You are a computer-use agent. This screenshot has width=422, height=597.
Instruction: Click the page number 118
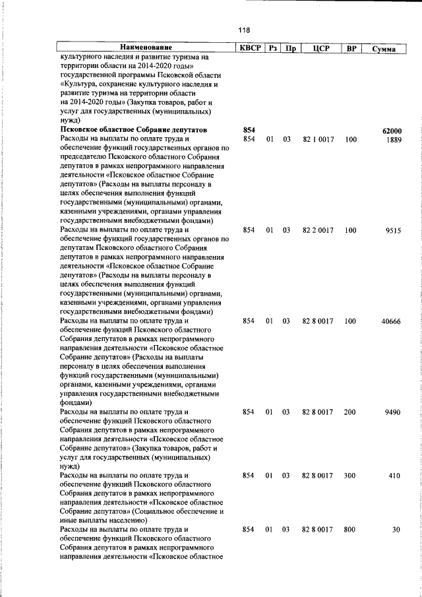(244, 30)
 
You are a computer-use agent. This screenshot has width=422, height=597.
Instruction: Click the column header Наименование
(146, 47)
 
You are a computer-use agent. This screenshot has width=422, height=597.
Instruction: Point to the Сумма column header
(383, 48)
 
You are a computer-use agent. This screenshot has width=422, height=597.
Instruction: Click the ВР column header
(351, 47)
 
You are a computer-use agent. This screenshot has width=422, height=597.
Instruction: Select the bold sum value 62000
(392, 131)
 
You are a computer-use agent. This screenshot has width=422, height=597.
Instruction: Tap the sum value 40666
(391, 321)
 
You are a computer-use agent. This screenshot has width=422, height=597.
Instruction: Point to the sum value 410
(395, 475)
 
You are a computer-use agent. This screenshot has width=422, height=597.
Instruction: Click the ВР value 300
(349, 475)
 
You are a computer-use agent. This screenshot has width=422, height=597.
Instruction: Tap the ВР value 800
(349, 529)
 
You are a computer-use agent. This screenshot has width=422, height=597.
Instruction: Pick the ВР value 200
(349, 412)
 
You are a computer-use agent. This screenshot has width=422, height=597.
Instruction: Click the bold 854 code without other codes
(249, 130)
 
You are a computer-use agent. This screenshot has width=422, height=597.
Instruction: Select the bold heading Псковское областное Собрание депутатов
(133, 130)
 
